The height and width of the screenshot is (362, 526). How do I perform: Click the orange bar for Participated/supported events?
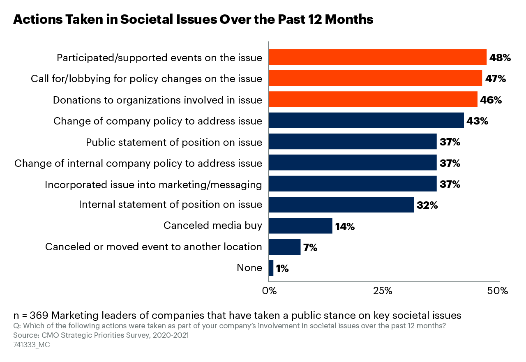pyautogui.click(x=377, y=57)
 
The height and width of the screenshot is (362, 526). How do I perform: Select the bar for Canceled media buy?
pyautogui.click(x=300, y=226)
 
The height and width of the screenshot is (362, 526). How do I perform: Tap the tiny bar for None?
pyautogui.click(x=271, y=268)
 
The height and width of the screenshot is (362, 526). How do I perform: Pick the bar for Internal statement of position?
pyautogui.click(x=341, y=205)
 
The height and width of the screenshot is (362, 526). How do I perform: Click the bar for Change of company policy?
pyautogui.click(x=366, y=121)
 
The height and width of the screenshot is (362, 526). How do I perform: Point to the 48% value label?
pyautogui.click(x=500, y=58)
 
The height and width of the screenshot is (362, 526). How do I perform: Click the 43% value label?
pyautogui.click(x=477, y=121)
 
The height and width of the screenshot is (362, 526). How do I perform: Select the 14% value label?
pyautogui.click(x=345, y=226)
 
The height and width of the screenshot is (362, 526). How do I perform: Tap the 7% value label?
pyautogui.click(x=310, y=247)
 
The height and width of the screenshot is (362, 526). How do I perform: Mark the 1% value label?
pyautogui.click(x=282, y=269)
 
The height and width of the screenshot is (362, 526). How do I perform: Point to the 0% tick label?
pyautogui.click(x=269, y=291)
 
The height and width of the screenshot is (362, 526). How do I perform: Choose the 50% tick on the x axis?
pyautogui.click(x=498, y=291)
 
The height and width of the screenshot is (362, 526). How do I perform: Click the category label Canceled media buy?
pyautogui.click(x=212, y=225)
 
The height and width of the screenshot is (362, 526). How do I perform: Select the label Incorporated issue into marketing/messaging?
pyautogui.click(x=153, y=185)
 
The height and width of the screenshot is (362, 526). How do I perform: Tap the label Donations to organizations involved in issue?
pyautogui.click(x=157, y=100)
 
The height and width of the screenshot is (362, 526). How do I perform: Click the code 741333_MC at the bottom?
pyautogui.click(x=32, y=345)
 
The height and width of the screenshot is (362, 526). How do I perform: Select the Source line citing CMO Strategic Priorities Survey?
pyautogui.click(x=101, y=335)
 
